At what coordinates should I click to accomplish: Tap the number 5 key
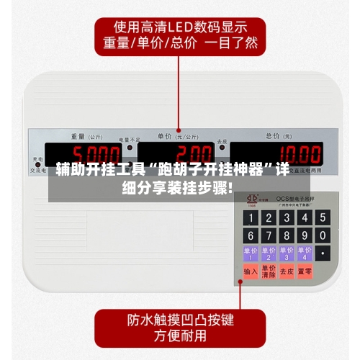click(286, 217)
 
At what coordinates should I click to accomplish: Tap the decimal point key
click(323, 253)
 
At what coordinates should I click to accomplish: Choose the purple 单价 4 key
click(305, 253)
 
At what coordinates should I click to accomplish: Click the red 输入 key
click(250, 271)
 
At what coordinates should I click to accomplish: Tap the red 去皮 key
click(287, 271)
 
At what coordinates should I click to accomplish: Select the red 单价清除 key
click(268, 271)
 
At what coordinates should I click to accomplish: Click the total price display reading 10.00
click(276, 154)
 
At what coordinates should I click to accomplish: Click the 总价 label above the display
click(274, 135)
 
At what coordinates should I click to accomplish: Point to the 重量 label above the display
click(78, 135)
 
